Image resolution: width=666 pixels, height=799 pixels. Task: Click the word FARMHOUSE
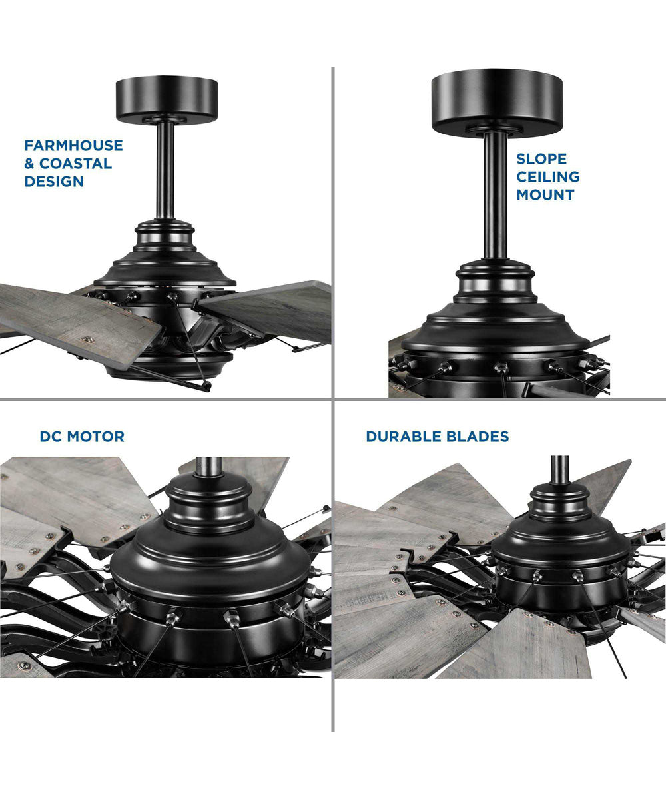(x=73, y=146)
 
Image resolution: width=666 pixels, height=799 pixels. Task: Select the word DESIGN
(x=54, y=181)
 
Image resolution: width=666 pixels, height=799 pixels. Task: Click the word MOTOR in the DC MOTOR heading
(x=96, y=437)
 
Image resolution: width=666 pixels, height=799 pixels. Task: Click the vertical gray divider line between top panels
(x=332, y=233)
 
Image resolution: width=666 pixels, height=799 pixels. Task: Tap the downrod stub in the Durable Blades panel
(x=559, y=469)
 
